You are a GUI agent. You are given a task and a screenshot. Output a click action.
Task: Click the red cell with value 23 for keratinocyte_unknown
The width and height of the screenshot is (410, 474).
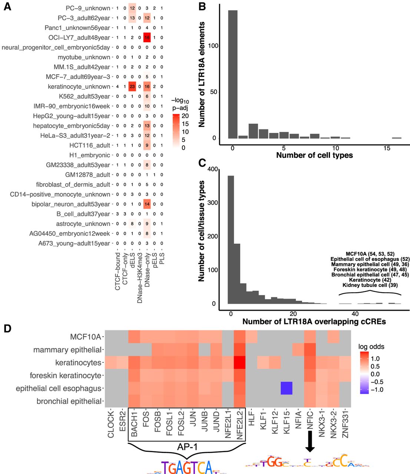pos(132,86)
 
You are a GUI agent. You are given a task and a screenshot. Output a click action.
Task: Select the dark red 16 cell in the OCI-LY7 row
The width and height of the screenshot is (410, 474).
pos(147,38)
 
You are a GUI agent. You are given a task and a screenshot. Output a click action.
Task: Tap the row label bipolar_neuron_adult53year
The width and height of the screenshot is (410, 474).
pos(71,204)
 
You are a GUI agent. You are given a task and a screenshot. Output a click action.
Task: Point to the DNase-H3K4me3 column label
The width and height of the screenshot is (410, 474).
pos(140,278)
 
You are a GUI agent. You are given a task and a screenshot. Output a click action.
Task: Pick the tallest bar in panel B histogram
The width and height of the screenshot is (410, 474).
pos(233,74)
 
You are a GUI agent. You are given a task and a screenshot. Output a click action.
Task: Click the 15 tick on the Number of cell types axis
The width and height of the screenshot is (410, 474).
pos(387,148)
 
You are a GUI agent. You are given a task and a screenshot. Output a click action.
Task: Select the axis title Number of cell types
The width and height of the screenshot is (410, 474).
pos(314,155)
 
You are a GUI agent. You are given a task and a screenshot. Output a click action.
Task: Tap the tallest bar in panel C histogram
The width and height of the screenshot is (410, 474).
pos(231,240)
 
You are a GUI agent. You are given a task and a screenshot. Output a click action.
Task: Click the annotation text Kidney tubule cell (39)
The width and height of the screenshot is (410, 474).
pos(370,285)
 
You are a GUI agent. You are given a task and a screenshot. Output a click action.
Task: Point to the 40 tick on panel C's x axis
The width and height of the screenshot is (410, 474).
pos(355,314)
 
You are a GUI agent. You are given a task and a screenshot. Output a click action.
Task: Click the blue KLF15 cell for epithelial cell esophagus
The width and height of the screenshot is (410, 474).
pos(287,388)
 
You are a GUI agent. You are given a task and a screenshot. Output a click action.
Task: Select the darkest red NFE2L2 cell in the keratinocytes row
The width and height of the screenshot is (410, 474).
pos(240,363)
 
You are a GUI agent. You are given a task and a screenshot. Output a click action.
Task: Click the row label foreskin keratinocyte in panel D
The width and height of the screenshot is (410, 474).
pos(65,375)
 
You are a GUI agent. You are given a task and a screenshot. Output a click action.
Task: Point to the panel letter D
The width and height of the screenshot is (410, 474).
pos(7,328)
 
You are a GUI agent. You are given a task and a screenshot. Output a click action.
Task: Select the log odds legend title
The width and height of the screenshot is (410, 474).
pos(371,347)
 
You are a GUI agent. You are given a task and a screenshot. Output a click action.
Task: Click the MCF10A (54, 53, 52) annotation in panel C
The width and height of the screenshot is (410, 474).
pos(370,254)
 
